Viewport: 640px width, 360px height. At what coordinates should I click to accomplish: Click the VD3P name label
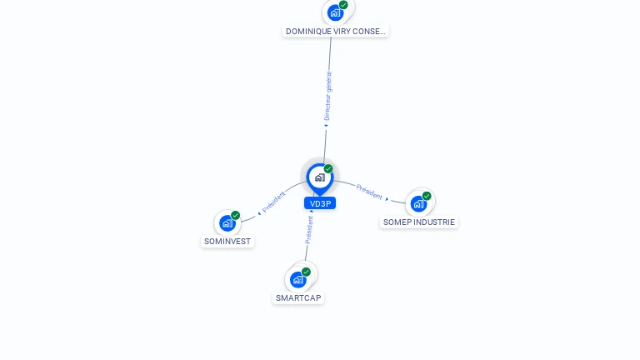(320, 203)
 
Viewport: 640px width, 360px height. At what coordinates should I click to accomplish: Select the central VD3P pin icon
(320, 179)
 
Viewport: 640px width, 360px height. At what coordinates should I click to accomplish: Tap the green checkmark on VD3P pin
(328, 168)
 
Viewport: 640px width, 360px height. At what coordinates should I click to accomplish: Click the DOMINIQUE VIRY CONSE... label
(336, 31)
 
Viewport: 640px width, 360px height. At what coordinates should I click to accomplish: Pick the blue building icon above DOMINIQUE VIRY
(335, 13)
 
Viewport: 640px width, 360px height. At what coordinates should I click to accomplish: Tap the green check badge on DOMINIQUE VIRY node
(343, 5)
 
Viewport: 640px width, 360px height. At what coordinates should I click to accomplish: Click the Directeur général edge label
(327, 97)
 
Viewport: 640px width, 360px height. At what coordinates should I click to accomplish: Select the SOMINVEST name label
(227, 241)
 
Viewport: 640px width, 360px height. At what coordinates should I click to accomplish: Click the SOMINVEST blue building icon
(227, 223)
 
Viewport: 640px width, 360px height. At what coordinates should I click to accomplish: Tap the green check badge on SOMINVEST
(236, 215)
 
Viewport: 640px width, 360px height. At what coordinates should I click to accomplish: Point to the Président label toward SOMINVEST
(274, 202)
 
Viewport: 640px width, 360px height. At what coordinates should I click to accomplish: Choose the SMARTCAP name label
(298, 298)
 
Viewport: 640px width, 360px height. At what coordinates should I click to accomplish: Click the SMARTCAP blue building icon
(298, 280)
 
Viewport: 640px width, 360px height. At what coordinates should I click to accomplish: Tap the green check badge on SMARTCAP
(306, 272)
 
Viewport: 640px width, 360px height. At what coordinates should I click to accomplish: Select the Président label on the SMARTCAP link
(309, 230)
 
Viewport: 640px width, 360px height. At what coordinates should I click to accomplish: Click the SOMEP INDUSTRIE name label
(419, 222)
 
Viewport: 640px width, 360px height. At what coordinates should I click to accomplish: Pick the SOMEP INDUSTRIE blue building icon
(418, 203)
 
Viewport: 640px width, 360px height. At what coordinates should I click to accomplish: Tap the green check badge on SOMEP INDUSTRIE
(427, 196)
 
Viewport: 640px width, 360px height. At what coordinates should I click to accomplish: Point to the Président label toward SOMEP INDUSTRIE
(369, 192)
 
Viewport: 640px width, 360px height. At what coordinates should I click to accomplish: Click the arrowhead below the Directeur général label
(326, 126)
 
